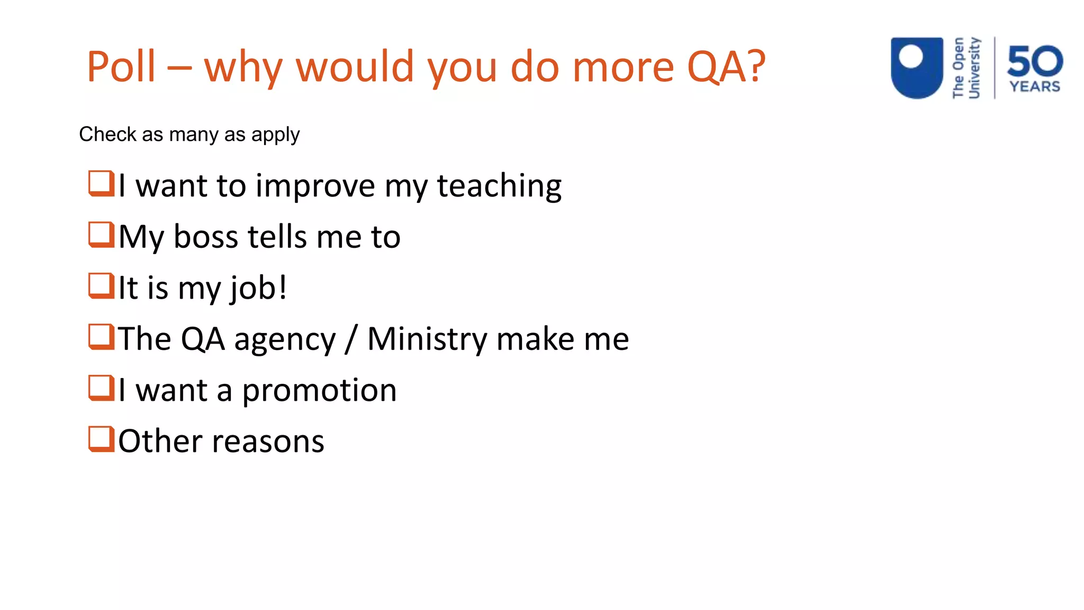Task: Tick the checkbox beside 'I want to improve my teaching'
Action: pos(101,183)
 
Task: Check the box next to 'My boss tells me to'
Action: pos(101,235)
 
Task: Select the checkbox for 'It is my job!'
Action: pos(101,286)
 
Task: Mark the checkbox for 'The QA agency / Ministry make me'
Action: pos(101,337)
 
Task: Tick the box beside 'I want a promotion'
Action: pos(101,388)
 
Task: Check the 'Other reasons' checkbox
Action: pos(101,439)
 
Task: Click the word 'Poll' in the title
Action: pos(121,67)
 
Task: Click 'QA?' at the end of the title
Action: pos(726,67)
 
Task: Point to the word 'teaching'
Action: pos(499,186)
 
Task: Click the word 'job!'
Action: pos(258,289)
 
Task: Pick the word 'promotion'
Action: pos(319,391)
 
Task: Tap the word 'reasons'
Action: pos(268,442)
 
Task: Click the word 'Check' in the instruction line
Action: pos(107,134)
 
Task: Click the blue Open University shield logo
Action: pos(917,67)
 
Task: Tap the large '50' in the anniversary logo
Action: pos(1035,61)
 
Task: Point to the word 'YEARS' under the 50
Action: pos(1035,87)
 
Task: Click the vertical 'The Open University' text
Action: pos(966,68)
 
